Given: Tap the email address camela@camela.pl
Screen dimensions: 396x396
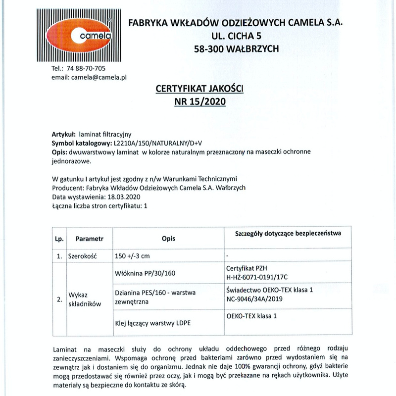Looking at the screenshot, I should click(99, 77).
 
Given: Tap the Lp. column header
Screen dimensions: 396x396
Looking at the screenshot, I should click(59, 239).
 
